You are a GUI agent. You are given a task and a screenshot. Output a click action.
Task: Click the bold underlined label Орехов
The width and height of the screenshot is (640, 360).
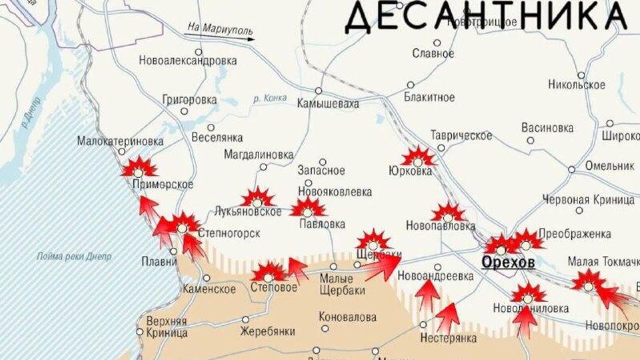pyautogui.click(x=507, y=263)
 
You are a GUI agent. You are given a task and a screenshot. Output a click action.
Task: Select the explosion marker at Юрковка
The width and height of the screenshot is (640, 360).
pyautogui.click(x=418, y=158)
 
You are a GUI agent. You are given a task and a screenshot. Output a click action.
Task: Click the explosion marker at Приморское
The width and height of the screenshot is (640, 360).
pyautogui.click(x=139, y=167)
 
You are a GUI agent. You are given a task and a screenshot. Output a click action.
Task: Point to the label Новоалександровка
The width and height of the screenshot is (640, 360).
pyautogui.click(x=188, y=61)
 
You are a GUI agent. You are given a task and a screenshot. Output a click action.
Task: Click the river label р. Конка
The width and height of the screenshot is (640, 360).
pyautogui.click(x=270, y=99)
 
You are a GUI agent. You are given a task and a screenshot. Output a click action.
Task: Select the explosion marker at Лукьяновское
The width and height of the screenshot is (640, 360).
pyautogui.click(x=257, y=198)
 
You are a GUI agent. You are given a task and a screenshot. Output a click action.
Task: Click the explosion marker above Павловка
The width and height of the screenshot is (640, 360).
pyautogui.click(x=307, y=208)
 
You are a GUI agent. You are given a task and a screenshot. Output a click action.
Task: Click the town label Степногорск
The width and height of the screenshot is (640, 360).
pyautogui.click(x=229, y=233)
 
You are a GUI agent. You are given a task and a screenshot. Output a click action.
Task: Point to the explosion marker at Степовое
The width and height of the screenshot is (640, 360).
pyautogui.click(x=269, y=273)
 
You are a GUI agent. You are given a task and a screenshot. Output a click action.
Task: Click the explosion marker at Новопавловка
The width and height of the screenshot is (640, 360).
pyautogui.click(x=448, y=213)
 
